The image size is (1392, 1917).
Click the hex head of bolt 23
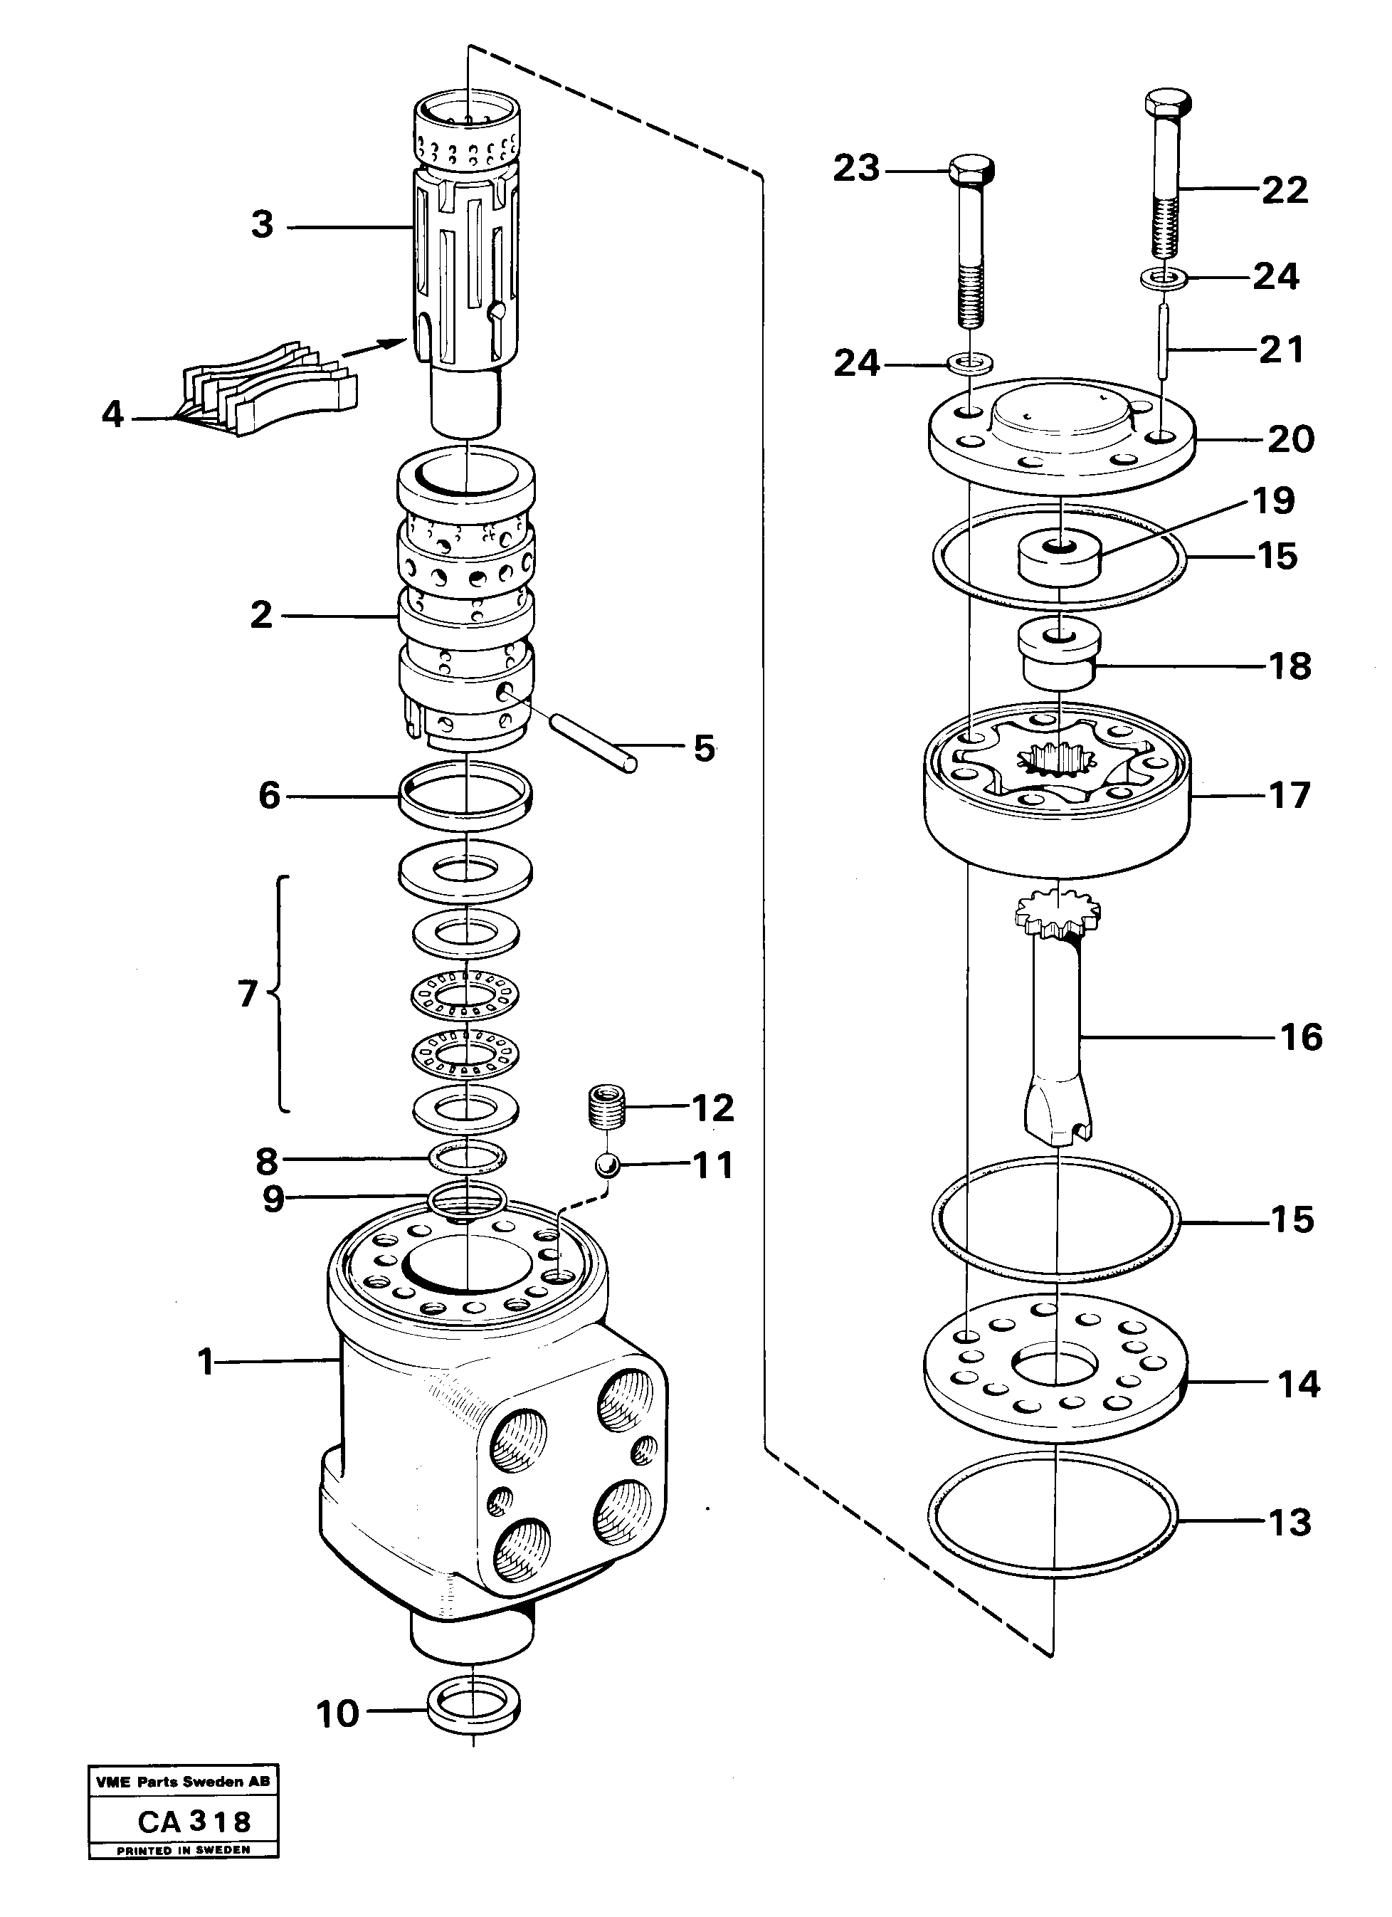tap(971, 172)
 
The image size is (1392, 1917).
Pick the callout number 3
tap(262, 225)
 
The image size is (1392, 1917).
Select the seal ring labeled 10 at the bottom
tap(473, 1711)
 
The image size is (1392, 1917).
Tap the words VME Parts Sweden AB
tap(184, 1782)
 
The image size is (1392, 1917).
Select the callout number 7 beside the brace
tap(247, 994)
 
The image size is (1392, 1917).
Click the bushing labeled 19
tap(1058, 559)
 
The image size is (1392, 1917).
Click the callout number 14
tap(1298, 1385)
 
